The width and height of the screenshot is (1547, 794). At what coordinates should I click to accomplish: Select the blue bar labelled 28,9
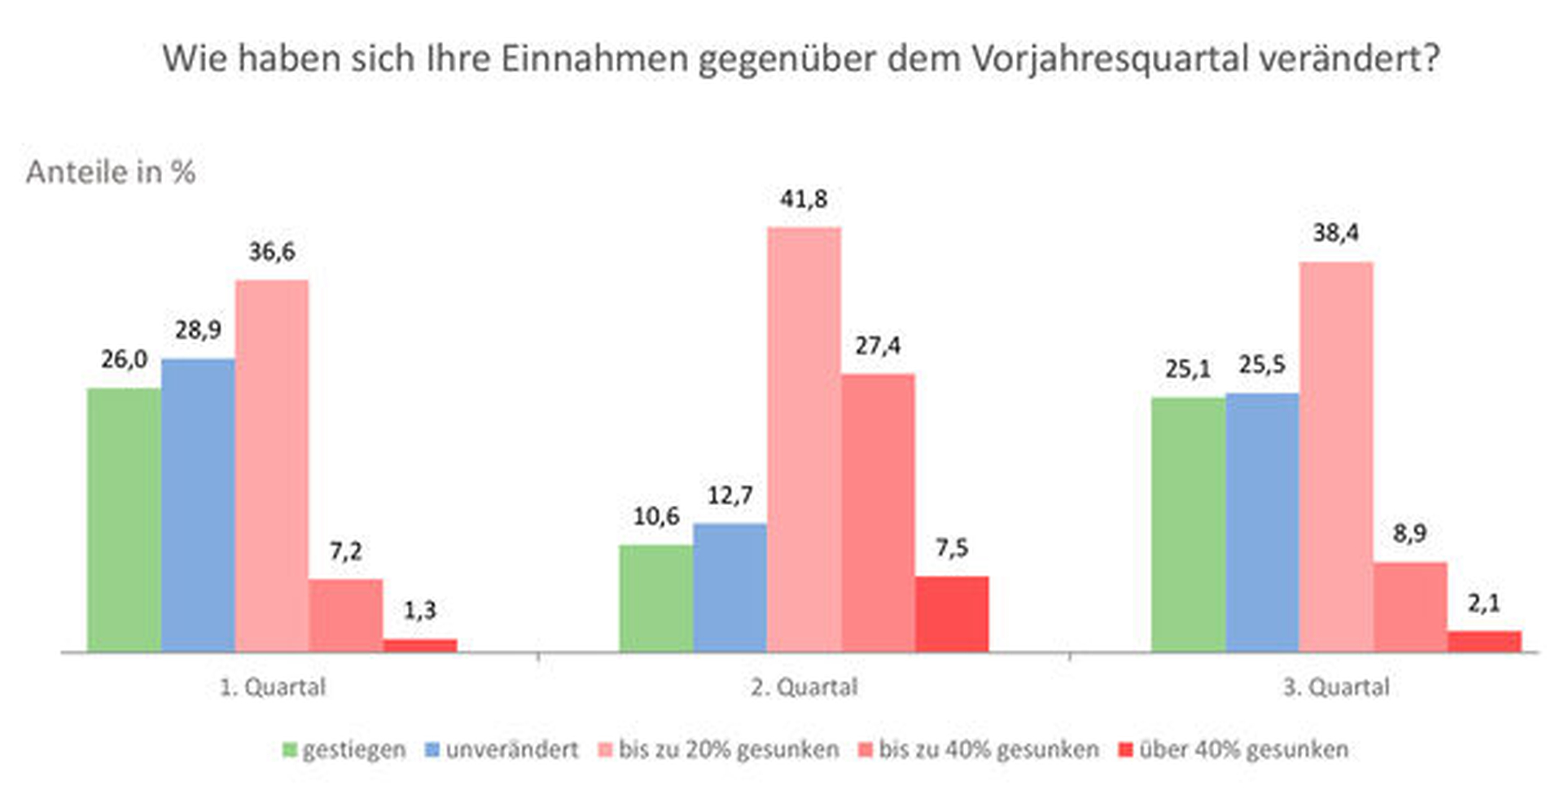coord(198,505)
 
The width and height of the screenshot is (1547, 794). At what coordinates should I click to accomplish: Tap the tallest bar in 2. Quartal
coord(804,440)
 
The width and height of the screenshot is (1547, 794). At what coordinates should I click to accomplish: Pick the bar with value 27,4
coord(878,513)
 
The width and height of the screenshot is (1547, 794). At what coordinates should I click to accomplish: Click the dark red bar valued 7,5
coord(952,614)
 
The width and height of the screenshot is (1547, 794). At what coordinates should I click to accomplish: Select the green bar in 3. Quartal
coord(1187,524)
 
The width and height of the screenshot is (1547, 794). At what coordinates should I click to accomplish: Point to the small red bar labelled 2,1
coord(1483,641)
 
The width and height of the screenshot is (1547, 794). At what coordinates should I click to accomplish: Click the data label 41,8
coord(804,200)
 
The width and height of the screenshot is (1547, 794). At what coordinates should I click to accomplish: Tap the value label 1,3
coord(420,610)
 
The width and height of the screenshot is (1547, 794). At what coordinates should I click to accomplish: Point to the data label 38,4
coord(1335,234)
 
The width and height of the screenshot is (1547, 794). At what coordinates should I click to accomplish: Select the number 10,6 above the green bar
coord(655,516)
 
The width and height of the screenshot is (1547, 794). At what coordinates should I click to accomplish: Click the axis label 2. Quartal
coord(804,687)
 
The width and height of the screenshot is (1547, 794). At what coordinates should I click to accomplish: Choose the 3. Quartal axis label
coord(1335,687)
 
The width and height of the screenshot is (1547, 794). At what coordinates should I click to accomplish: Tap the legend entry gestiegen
coord(353,749)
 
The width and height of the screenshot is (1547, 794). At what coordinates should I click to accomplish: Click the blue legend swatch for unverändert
coord(432,749)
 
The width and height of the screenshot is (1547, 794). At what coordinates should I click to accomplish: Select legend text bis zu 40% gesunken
coord(988,749)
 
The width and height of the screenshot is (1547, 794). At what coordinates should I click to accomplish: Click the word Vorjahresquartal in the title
coord(1110,59)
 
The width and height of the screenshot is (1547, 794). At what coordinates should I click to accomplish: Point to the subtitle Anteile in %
coord(111,172)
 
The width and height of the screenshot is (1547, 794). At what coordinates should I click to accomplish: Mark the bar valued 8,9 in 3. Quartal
coord(1409,606)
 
